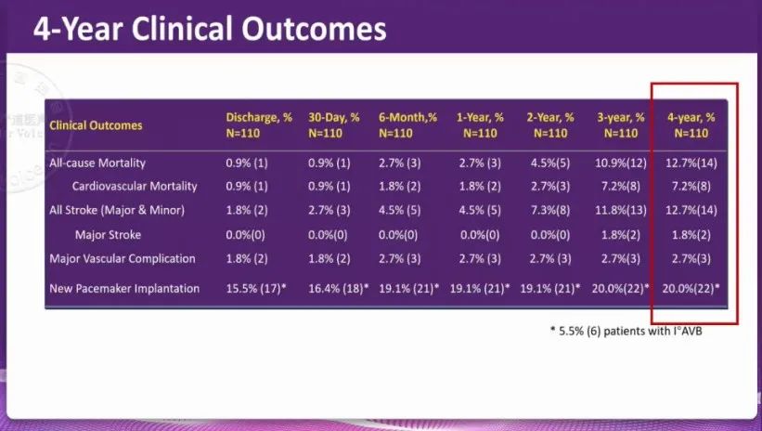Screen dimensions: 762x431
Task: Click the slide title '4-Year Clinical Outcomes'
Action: (x=210, y=29)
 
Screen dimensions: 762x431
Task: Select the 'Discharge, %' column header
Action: (x=259, y=118)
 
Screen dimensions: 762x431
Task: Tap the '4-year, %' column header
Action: (x=691, y=118)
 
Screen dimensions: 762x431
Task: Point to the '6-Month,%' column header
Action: (x=408, y=118)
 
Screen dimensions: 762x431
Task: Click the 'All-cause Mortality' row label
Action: (x=97, y=163)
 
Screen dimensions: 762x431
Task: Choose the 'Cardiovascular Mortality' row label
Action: (x=135, y=187)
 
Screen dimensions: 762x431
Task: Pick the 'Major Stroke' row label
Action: (x=108, y=235)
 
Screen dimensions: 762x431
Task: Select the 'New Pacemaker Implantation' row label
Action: (x=124, y=289)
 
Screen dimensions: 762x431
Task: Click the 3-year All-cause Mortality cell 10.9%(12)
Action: (x=621, y=163)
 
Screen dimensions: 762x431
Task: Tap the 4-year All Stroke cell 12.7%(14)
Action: (x=691, y=210)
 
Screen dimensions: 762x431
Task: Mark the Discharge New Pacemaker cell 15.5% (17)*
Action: (x=256, y=289)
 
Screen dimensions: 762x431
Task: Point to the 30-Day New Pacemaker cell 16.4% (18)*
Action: (x=338, y=289)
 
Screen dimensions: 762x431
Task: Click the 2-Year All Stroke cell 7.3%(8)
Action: (x=550, y=210)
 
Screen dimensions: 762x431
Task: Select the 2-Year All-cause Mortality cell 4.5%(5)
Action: (x=550, y=163)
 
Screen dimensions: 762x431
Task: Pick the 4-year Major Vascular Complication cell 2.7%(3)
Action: (x=691, y=259)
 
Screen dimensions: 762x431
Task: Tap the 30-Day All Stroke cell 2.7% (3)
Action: (x=329, y=210)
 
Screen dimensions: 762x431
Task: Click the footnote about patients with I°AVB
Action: (x=626, y=332)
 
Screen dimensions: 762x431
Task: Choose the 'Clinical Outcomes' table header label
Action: (x=96, y=125)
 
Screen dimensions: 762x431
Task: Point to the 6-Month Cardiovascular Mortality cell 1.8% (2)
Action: (x=399, y=187)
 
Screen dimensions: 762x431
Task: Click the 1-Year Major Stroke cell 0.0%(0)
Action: (x=480, y=235)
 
